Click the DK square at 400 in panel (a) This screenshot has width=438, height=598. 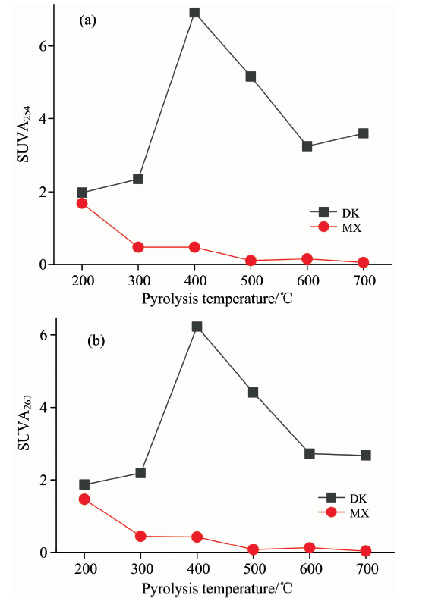[194, 13]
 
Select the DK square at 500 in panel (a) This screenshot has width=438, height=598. [251, 77]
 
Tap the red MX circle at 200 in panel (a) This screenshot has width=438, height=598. [82, 203]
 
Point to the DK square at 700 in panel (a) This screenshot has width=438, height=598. [363, 133]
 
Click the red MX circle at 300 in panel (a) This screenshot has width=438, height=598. [138, 247]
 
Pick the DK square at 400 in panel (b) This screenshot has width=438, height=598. [197, 327]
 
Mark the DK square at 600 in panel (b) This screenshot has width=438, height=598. [309, 453]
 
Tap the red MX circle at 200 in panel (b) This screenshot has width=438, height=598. [84, 499]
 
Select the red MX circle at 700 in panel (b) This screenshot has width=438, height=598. [365, 551]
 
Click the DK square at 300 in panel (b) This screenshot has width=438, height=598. [140, 473]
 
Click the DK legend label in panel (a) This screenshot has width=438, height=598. [351, 213]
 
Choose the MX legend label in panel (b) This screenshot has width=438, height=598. [359, 513]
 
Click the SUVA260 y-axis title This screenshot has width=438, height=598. [25, 423]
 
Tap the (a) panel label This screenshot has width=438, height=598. [87, 20]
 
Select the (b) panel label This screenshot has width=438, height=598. [96, 340]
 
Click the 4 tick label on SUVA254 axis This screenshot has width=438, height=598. [43, 118]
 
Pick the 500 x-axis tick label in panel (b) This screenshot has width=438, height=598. [254, 569]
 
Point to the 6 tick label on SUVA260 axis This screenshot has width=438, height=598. [43, 335]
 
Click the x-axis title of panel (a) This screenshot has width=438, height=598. [217, 298]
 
